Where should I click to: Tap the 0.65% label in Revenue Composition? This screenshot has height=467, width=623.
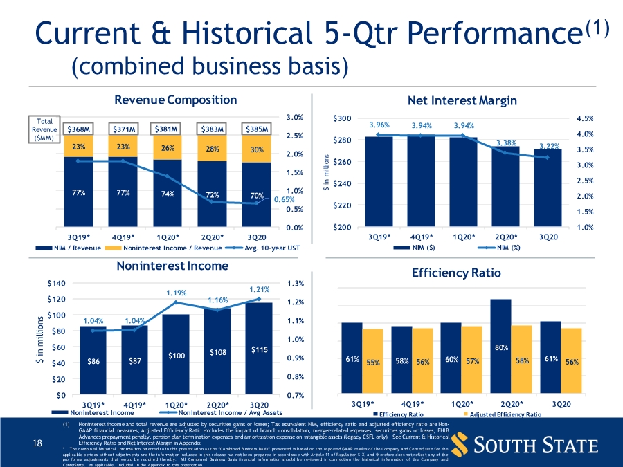[x=284, y=199]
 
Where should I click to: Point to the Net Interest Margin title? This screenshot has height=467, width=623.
[x=462, y=101]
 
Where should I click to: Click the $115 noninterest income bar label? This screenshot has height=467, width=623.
[x=259, y=350]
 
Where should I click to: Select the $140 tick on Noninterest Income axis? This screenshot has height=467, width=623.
[x=55, y=283]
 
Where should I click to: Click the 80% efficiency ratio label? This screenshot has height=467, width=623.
[x=503, y=348]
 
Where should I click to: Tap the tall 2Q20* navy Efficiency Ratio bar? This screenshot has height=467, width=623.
[x=500, y=332]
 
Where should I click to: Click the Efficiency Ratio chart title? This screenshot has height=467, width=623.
[x=455, y=273]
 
